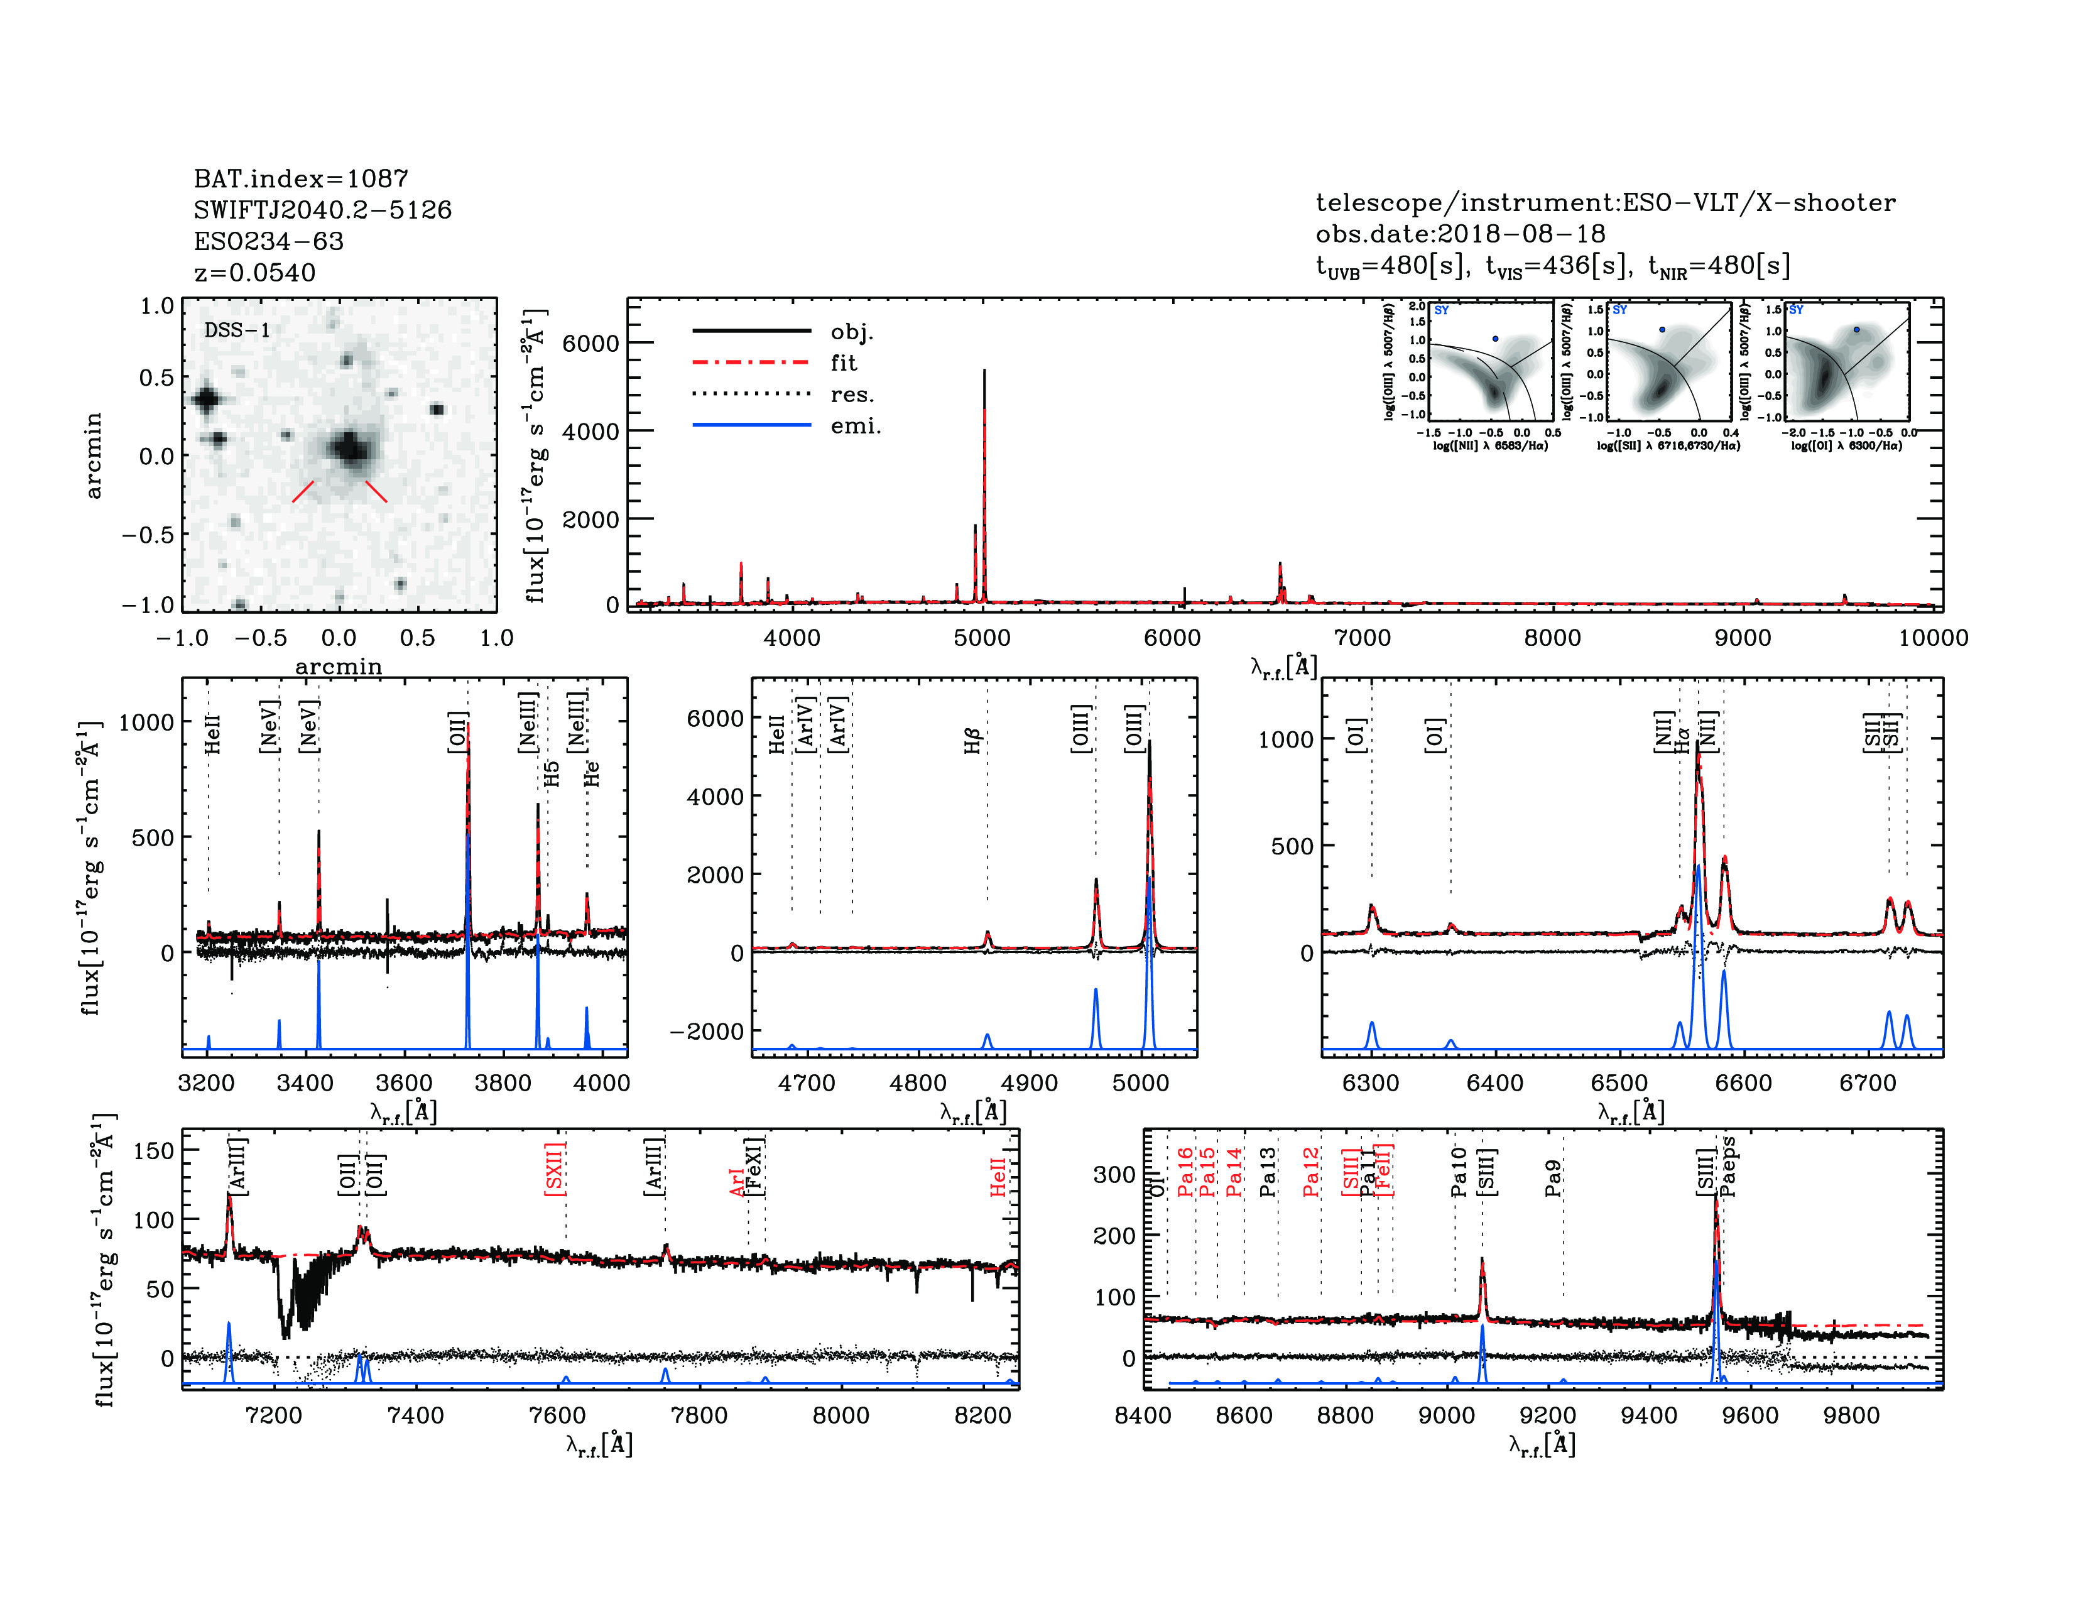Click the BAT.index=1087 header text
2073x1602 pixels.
click(x=301, y=178)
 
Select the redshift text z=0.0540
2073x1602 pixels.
click(x=254, y=273)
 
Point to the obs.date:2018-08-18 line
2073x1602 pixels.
click(x=1460, y=234)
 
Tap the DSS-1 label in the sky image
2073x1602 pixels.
click(x=237, y=330)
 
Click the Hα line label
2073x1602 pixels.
click(x=1682, y=740)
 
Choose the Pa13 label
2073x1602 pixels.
click(x=1268, y=1170)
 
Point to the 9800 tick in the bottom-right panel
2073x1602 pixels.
click(x=1852, y=1416)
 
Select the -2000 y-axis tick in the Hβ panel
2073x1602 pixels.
click(x=707, y=1032)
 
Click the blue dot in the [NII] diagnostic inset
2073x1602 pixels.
click(x=1495, y=339)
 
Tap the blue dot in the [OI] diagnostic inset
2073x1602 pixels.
click(x=1856, y=329)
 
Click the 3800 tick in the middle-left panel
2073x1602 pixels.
click(x=503, y=1083)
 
